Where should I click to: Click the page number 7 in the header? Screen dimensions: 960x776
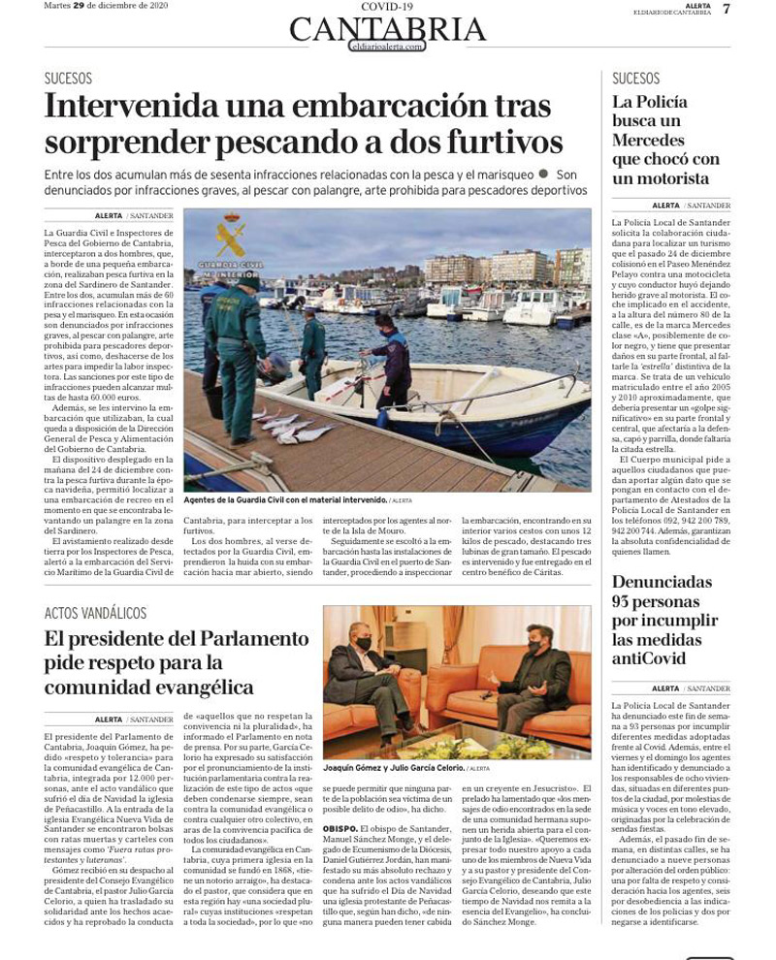[727, 9]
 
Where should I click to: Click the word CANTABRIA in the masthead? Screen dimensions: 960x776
[388, 29]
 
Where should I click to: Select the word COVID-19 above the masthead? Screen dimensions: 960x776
[386, 6]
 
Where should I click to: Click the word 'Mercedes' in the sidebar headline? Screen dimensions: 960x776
[649, 140]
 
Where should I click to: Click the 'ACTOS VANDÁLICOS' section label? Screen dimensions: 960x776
[95, 613]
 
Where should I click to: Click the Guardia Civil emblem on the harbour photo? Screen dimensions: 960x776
[230, 237]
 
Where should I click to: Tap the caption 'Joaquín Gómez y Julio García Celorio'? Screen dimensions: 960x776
[393, 768]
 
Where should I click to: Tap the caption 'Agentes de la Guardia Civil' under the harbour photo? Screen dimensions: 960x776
[284, 500]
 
